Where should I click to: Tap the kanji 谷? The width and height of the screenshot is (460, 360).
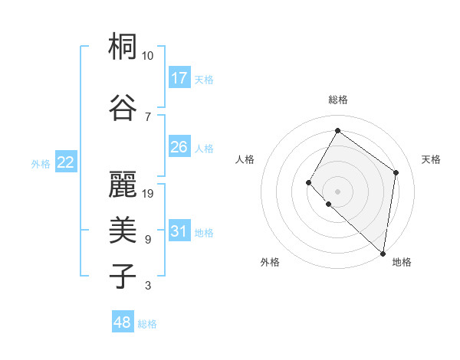(123, 106)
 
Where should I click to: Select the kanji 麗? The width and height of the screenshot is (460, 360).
(123, 183)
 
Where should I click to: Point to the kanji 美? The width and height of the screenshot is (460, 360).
(123, 229)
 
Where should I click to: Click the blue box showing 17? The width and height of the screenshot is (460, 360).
(179, 78)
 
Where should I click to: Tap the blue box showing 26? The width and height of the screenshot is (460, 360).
(179, 147)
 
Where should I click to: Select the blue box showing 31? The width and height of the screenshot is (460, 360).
(179, 231)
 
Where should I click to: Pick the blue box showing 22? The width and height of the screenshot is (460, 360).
(65, 162)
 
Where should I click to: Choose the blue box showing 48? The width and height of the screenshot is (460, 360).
(123, 322)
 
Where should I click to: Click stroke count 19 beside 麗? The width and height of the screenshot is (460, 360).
(149, 193)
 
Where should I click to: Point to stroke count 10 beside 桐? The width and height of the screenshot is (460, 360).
(148, 56)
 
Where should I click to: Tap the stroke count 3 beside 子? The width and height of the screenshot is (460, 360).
(148, 286)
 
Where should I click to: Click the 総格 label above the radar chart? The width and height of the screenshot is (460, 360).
(337, 100)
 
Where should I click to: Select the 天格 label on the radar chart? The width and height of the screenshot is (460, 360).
(431, 159)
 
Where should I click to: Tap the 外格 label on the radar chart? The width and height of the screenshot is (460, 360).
(270, 262)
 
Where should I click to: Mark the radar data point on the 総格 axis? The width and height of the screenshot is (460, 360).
(337, 130)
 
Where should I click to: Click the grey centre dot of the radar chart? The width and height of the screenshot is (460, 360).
(337, 191)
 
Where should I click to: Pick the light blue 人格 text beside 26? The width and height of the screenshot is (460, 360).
(204, 149)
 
